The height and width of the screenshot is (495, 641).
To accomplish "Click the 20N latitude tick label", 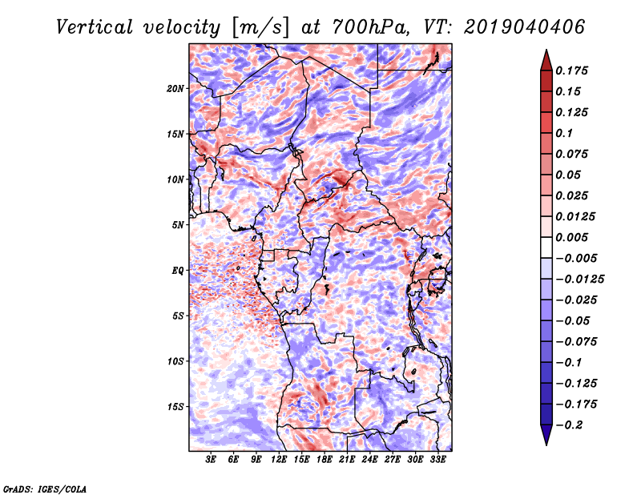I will pyautogui.click(x=176, y=88).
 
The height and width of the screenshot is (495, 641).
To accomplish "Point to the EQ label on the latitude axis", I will pyautogui.click(x=178, y=271).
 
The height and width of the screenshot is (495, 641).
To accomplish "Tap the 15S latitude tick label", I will pyautogui.click(x=176, y=407).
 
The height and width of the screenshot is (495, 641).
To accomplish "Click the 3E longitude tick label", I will pyautogui.click(x=212, y=460).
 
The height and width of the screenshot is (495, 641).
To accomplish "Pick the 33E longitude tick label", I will pyautogui.click(x=437, y=460).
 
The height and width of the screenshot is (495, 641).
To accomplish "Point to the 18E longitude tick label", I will pyautogui.click(x=325, y=460).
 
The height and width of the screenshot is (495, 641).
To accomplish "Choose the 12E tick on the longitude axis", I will pyautogui.click(x=279, y=460).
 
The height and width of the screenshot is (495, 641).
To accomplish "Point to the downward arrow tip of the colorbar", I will pyautogui.click(x=546, y=443).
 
